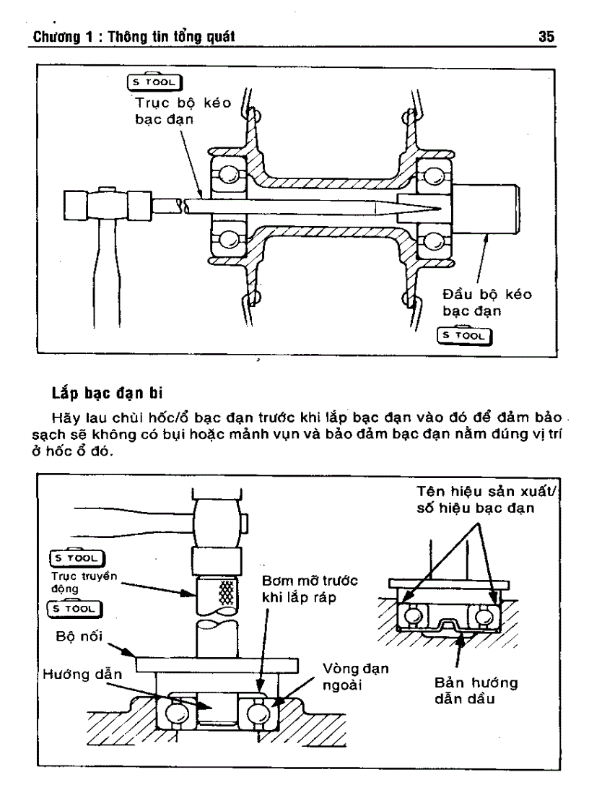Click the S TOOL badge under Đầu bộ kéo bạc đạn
coord(465,336)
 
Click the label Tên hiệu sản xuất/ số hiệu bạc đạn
coord(477,500)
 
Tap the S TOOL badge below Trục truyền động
coord(77,609)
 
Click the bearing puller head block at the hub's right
coord(486,209)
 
